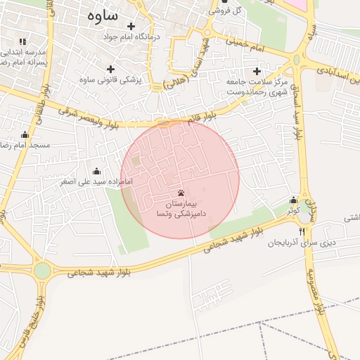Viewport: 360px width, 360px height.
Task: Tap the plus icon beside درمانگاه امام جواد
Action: pos(131,27)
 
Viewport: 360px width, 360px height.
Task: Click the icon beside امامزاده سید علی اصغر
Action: pos(97,172)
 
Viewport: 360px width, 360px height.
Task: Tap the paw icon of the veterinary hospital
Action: pos(181,192)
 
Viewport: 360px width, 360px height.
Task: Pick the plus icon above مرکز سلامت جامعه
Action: pos(257,71)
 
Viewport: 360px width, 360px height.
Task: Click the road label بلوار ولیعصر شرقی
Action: pos(92,120)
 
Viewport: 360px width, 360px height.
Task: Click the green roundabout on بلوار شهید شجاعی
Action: pos(43,270)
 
